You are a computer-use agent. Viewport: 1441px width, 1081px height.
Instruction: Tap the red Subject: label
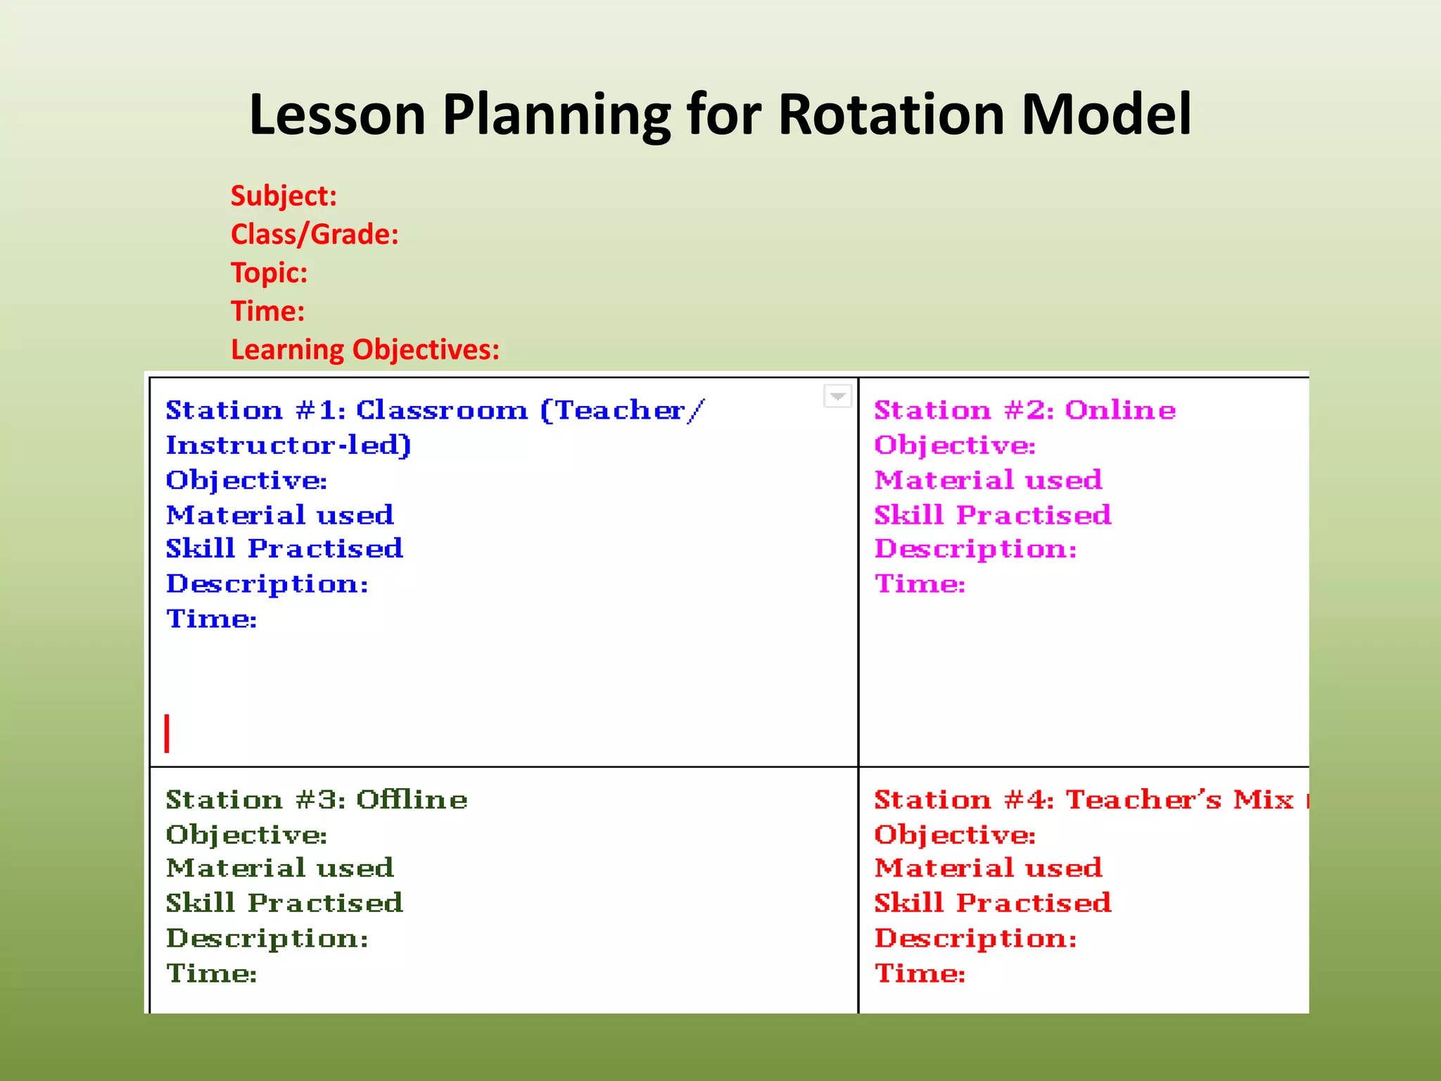click(x=284, y=196)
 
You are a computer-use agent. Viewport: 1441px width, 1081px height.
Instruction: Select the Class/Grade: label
click(x=315, y=234)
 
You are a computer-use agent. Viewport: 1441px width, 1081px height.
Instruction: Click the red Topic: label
click(x=269, y=273)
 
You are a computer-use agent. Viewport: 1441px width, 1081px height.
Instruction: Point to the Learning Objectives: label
click(x=364, y=350)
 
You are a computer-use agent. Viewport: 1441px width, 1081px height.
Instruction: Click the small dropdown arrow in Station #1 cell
click(x=837, y=396)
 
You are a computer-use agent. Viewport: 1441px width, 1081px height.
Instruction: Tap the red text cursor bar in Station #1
click(x=167, y=733)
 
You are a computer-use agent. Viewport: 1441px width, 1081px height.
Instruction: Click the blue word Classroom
click(x=441, y=410)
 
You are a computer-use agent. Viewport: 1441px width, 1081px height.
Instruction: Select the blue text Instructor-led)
click(x=288, y=445)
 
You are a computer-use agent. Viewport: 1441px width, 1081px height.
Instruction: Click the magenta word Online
click(x=1119, y=410)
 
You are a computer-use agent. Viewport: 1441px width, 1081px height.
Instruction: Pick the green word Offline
click(x=412, y=799)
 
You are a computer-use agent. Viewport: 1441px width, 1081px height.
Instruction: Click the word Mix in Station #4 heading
click(x=1263, y=799)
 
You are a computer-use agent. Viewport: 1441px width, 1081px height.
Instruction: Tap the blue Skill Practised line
click(x=284, y=549)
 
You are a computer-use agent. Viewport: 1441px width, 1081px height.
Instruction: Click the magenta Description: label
click(x=975, y=549)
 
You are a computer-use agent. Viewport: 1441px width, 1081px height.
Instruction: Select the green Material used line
click(x=280, y=868)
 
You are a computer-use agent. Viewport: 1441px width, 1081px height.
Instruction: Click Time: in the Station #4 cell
click(x=919, y=973)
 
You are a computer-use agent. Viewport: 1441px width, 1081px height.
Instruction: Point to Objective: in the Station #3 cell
click(x=246, y=835)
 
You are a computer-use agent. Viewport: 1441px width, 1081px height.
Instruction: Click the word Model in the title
click(x=1106, y=114)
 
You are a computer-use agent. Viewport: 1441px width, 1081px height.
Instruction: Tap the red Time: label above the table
click(x=267, y=312)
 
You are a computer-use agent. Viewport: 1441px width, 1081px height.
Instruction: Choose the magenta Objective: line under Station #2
click(x=954, y=445)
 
